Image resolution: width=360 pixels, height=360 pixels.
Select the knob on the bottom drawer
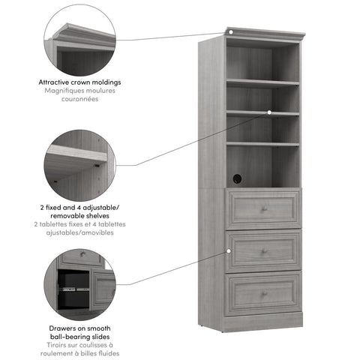pos(264,293)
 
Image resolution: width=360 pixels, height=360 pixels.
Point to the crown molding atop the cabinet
pos(266,34)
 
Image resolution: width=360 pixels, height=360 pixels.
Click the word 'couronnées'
pos(80,99)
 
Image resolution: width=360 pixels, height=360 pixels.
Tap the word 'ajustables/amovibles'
pos(80,232)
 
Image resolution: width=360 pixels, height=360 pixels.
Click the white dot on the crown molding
pos(232,32)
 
